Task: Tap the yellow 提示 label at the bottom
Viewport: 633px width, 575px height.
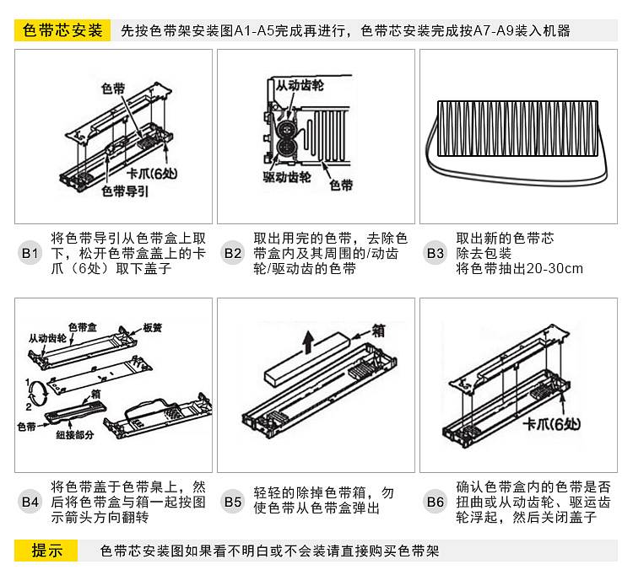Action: point(47,551)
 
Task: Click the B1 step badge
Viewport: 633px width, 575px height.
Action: point(30,253)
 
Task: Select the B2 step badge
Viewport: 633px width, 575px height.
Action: point(233,253)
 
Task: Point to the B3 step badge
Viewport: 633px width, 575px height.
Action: point(436,253)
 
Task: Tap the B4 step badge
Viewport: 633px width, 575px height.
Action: point(30,502)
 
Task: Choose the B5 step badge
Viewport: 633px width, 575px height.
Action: point(233,502)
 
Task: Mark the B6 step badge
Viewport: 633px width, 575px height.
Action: point(436,502)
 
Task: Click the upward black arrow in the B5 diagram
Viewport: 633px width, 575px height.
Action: point(309,341)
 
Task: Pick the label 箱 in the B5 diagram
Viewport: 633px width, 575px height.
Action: point(377,330)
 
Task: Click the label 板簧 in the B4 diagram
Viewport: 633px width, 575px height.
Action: point(152,327)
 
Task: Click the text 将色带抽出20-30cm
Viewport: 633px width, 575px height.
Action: point(519,269)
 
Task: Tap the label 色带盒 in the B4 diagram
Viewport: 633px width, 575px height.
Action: point(82,326)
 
